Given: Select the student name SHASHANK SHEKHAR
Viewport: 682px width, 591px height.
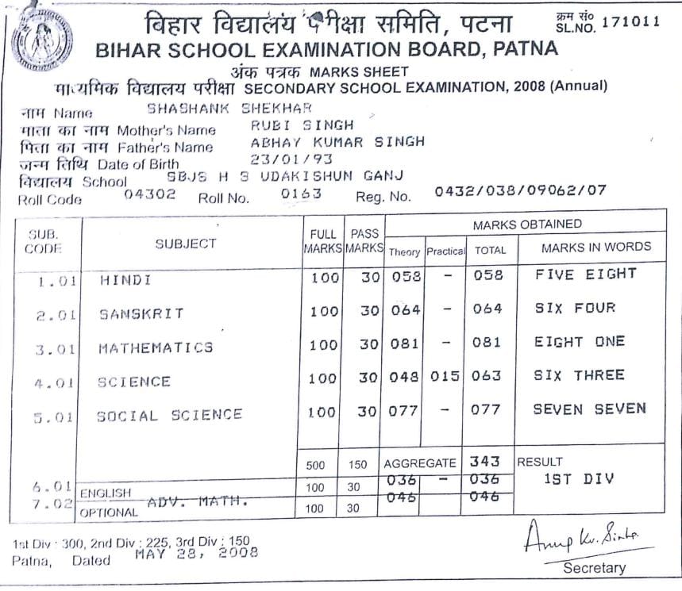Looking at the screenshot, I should pos(230,109).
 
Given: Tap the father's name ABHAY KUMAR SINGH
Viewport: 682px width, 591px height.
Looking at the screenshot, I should pos(337,142).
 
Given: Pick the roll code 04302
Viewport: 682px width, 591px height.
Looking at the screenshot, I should pos(150,194).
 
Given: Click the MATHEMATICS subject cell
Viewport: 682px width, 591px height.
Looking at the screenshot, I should pos(156,347).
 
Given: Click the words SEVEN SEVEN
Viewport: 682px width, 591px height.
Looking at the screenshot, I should pos(589,409).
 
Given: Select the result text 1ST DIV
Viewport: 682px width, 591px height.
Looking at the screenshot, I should pos(580,479).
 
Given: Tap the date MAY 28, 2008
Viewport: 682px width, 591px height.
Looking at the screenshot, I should pos(196,554).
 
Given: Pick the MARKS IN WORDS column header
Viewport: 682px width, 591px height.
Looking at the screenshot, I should pos(595,247).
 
